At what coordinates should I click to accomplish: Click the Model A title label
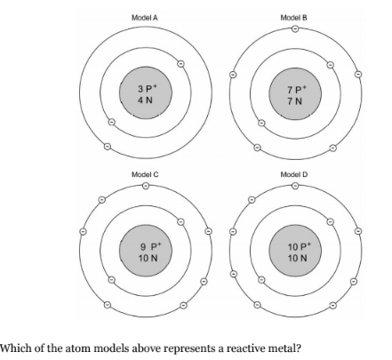click(x=145, y=18)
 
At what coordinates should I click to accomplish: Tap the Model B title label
click(x=294, y=18)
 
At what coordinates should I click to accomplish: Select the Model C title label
click(x=145, y=174)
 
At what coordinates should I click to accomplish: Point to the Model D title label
click(x=294, y=174)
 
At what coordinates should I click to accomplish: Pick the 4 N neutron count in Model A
click(x=145, y=100)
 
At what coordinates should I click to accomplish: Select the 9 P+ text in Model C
click(x=151, y=246)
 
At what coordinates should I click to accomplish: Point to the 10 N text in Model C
click(x=148, y=259)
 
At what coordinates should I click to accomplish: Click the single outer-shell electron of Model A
click(x=108, y=147)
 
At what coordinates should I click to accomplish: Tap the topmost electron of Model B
click(x=295, y=28)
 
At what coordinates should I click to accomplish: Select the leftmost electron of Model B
click(x=233, y=75)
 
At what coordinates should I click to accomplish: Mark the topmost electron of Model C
click(x=146, y=186)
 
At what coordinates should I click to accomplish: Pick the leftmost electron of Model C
click(x=83, y=231)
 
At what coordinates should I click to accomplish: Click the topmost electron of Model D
click(x=295, y=186)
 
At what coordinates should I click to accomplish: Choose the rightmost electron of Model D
click(x=358, y=231)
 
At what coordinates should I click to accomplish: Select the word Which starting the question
click(x=15, y=348)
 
